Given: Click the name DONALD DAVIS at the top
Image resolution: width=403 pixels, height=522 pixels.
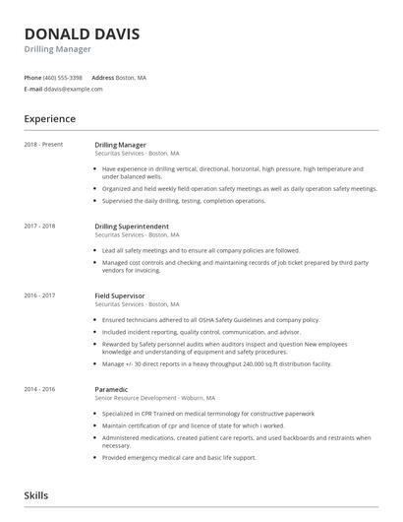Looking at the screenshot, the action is (x=82, y=34).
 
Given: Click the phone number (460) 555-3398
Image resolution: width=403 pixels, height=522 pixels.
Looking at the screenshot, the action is (x=64, y=77).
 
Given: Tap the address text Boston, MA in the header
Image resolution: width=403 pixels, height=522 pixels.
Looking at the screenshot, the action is (x=131, y=77).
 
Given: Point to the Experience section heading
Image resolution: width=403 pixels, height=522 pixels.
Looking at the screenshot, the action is (x=49, y=119).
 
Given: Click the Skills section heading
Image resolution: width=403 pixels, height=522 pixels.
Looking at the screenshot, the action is (x=35, y=495).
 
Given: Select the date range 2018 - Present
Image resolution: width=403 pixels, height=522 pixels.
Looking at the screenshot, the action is (x=44, y=145).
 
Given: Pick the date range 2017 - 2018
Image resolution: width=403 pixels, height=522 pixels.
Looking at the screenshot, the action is (x=41, y=227).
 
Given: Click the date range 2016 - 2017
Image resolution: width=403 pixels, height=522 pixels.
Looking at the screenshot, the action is (x=41, y=295).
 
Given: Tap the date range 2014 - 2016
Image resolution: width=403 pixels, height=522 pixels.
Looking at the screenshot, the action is (x=41, y=389).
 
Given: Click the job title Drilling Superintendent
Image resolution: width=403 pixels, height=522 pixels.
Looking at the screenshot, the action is (x=140, y=227).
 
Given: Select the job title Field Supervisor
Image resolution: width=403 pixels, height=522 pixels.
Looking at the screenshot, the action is (x=120, y=295).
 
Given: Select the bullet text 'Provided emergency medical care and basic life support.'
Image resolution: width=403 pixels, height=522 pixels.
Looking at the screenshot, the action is (x=179, y=458).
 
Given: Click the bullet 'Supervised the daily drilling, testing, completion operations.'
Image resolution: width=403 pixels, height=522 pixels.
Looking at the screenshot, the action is (x=184, y=201).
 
